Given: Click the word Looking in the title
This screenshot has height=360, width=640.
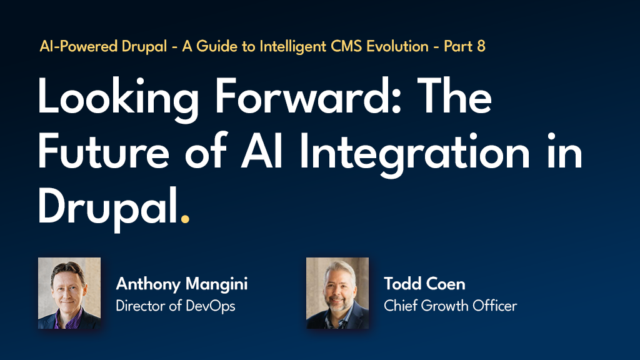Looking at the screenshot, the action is tap(118, 99).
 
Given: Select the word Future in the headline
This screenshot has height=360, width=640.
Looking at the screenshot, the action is tap(103, 151).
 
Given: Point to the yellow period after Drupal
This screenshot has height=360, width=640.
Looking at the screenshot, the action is tap(185, 219).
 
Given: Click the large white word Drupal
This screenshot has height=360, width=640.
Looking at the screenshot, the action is tap(108, 209).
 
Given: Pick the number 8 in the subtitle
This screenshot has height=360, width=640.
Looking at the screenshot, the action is tap(481, 46).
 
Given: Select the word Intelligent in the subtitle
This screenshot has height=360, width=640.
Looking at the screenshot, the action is tap(292, 47).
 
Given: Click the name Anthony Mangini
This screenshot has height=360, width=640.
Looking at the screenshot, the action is tap(182, 284).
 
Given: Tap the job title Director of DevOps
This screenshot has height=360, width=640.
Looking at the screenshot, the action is tap(176, 306).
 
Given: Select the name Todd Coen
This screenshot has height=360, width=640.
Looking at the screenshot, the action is tap(424, 284).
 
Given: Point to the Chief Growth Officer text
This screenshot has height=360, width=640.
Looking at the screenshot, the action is tap(450, 306).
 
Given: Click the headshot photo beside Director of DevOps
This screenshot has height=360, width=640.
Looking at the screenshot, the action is tap(69, 293).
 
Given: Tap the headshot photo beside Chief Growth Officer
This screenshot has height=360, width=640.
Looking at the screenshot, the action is tap(337, 293).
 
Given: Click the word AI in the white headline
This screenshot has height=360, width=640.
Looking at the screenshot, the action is tap(262, 151).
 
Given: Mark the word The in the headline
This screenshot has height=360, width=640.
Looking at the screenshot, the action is tap(454, 96).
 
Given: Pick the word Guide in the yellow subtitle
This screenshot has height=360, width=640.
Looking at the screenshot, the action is tap(217, 46).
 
